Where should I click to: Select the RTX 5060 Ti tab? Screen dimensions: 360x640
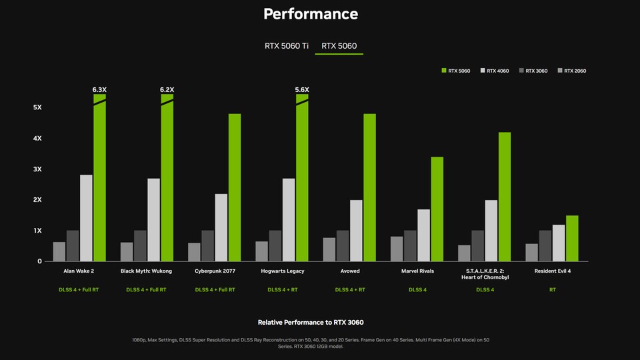click(x=287, y=46)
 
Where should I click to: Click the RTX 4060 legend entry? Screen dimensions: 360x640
click(x=497, y=71)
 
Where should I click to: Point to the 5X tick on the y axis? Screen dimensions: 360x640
click(x=37, y=107)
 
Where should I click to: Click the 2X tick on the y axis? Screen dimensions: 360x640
click(x=37, y=199)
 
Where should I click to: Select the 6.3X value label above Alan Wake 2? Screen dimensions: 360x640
click(x=99, y=89)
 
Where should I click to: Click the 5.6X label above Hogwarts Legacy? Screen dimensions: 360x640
click(x=302, y=89)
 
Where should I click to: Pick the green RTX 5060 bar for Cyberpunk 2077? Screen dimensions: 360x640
click(x=235, y=187)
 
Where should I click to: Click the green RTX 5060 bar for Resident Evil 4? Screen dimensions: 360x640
click(x=572, y=238)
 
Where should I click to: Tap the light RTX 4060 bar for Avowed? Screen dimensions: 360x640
click(x=356, y=230)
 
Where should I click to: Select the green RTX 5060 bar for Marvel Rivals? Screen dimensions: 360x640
click(x=437, y=209)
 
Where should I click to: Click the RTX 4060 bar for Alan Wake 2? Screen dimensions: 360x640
click(x=86, y=217)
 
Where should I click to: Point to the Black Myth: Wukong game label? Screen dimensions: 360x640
click(x=146, y=271)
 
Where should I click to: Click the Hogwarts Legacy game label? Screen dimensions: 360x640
click(x=282, y=271)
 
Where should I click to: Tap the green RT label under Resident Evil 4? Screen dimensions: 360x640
click(x=552, y=290)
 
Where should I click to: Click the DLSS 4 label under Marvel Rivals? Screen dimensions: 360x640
click(x=417, y=290)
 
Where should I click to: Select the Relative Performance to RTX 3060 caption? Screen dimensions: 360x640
click(x=311, y=322)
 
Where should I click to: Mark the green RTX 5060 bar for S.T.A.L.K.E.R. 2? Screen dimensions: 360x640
click(x=505, y=196)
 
